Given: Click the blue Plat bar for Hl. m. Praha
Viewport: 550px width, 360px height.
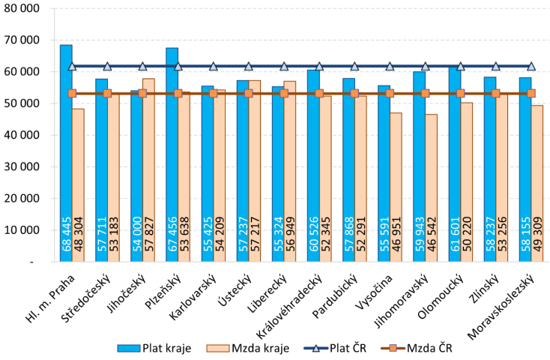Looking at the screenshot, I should coord(66,150).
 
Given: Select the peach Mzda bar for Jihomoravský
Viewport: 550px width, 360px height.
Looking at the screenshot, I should coord(431,187).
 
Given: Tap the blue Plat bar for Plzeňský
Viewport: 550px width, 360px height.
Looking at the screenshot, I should coord(172,150).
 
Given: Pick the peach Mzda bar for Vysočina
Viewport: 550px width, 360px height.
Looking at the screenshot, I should coord(396,187).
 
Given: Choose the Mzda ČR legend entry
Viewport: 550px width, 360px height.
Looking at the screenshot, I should coord(418,347).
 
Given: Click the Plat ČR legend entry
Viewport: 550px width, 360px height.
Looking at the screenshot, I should coord(327,347).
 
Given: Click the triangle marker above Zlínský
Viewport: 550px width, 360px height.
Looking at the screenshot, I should coord(496,66).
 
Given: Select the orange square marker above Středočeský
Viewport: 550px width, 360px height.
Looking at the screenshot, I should coord(107,93).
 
